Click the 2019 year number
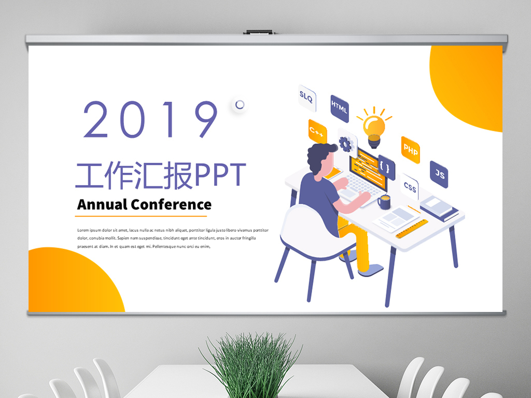pos(151,119)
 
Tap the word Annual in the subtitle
pos(102,204)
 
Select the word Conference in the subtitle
pos(171,204)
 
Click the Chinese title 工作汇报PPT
pos(160,175)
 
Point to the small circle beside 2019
pos(240,105)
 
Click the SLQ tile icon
pos(306,95)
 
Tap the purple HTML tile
pos(339,108)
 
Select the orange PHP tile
pos(410,149)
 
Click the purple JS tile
pos(439,174)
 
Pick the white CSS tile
pos(410,187)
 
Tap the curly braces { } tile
pos(386,167)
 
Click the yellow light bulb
pos(374,127)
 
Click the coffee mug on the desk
pos(384,202)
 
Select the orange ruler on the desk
pos(412,229)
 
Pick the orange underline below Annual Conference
pos(142,216)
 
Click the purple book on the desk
pos(439,210)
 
